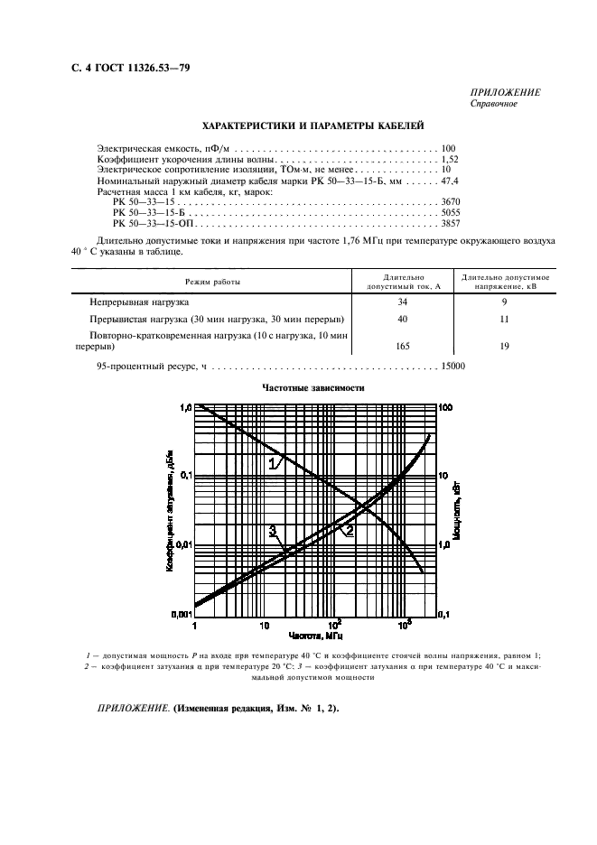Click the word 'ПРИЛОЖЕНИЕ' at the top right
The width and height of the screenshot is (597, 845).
pyautogui.click(x=506, y=92)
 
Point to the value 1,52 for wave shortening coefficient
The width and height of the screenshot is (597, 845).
pyautogui.click(x=449, y=159)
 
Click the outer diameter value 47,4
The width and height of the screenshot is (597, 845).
pyautogui.click(x=449, y=181)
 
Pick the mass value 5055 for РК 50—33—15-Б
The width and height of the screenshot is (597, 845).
pyautogui.click(x=450, y=212)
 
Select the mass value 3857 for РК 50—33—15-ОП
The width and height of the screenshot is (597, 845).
pyautogui.click(x=450, y=223)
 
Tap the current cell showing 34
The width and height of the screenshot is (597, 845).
pyautogui.click(x=403, y=302)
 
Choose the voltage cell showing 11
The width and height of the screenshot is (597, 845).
pyautogui.click(x=505, y=320)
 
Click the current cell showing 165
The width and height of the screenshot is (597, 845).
pyautogui.click(x=403, y=346)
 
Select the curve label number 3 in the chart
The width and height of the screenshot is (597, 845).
pyautogui.click(x=272, y=530)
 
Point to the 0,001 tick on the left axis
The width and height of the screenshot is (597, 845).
pyautogui.click(x=181, y=614)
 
